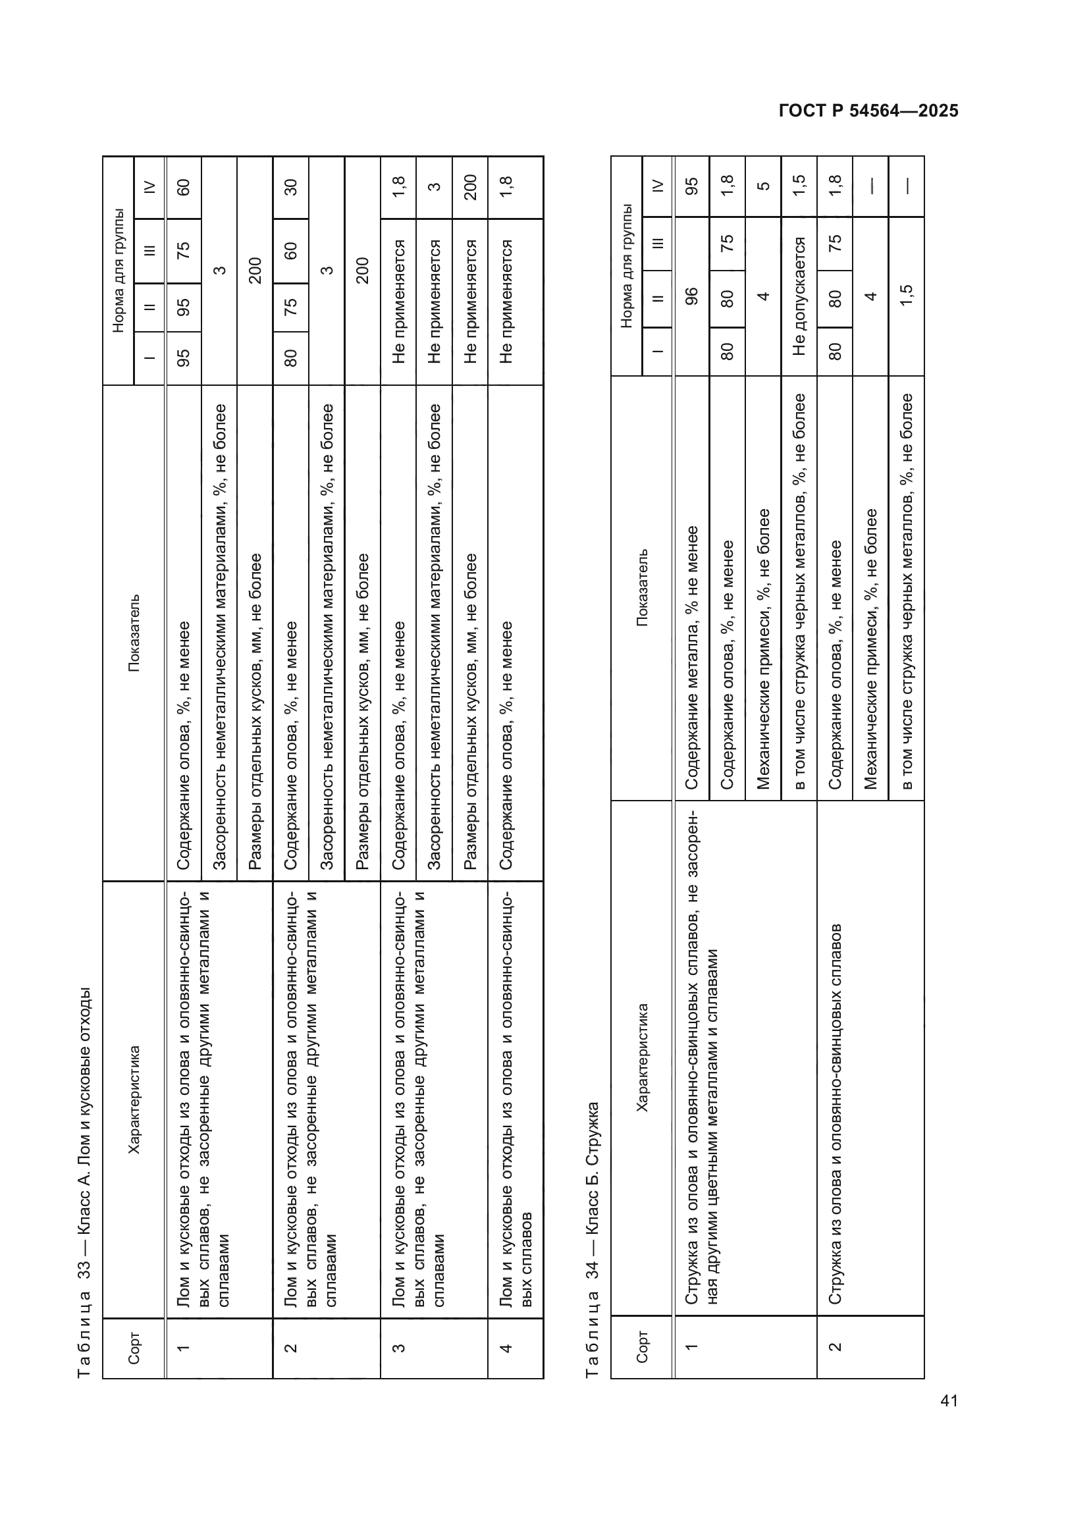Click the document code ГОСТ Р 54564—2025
tap(868, 111)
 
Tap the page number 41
tap(949, 1400)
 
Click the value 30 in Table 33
tap(290, 187)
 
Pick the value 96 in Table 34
tap(691, 296)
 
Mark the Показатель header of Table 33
tap(134, 633)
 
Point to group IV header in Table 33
tap(149, 187)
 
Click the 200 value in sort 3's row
tap(470, 187)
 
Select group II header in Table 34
tap(657, 299)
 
